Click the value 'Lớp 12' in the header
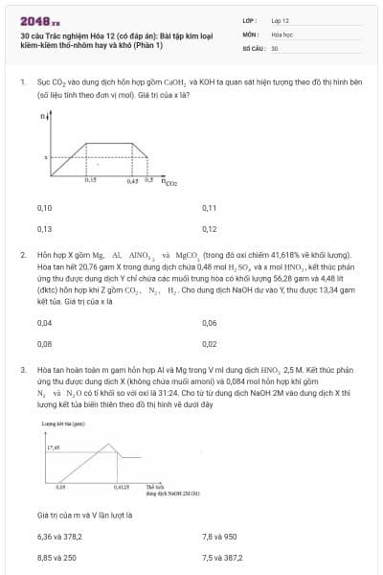[281, 20]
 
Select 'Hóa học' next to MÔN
[282, 34]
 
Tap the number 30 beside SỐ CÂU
[275, 47]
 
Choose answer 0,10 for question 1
[44, 208]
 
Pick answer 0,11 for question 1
[210, 208]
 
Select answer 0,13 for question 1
[44, 229]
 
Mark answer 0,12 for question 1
[210, 229]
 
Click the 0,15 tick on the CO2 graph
[90, 179]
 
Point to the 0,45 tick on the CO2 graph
[135, 179]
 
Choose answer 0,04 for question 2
[44, 323]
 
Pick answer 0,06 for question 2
[210, 323]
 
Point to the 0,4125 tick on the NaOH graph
[121, 488]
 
